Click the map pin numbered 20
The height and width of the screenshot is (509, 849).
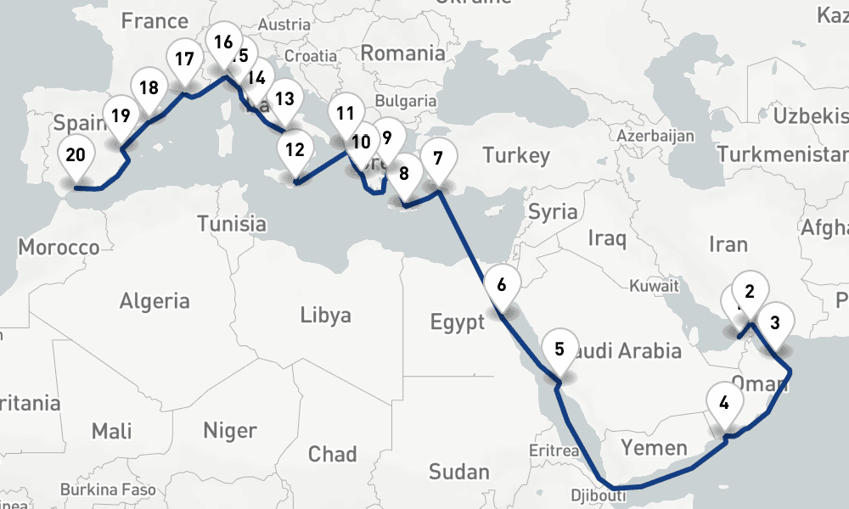(x=76, y=156)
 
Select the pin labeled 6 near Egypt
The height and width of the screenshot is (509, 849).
(x=502, y=285)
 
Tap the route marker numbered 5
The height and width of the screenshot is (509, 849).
(x=559, y=349)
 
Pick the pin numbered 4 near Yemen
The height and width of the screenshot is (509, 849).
(x=724, y=404)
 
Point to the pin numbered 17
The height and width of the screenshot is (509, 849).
(x=184, y=60)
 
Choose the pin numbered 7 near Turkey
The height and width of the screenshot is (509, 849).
(x=437, y=159)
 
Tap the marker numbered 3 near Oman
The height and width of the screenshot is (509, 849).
(x=774, y=323)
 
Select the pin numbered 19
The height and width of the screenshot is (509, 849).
(x=120, y=115)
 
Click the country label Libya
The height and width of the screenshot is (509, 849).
(x=325, y=316)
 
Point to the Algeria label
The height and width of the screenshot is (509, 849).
(x=155, y=300)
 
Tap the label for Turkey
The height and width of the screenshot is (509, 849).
(x=516, y=155)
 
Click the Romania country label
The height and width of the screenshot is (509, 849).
(x=402, y=53)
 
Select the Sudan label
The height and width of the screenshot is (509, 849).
(x=458, y=472)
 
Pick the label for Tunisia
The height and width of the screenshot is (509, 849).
(x=232, y=224)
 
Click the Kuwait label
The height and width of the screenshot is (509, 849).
(x=654, y=286)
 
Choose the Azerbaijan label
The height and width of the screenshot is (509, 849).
(x=655, y=136)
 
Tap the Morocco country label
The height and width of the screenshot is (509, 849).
(x=59, y=248)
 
